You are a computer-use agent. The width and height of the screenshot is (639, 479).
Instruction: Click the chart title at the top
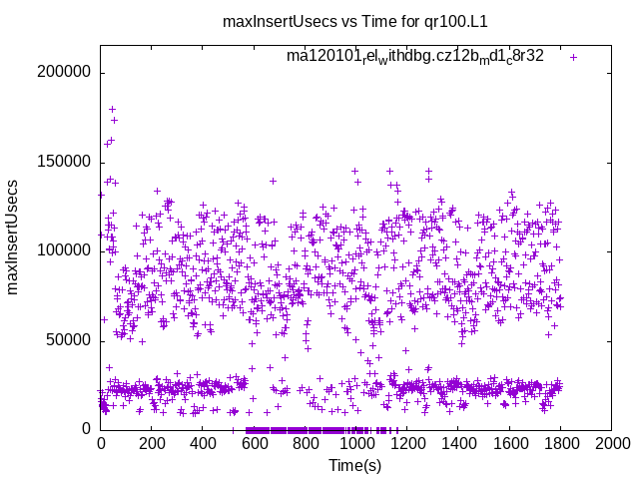353,23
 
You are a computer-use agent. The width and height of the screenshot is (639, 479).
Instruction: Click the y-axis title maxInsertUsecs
13,237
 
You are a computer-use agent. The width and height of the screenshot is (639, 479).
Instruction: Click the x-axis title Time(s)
354,465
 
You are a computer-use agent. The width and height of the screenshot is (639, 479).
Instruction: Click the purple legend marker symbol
573,57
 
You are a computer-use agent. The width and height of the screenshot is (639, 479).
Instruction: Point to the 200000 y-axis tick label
64,73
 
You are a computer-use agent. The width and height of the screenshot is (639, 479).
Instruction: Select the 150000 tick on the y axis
64,162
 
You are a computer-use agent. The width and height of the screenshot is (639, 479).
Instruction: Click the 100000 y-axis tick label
64,250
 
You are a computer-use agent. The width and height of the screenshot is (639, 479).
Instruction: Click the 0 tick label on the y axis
87,429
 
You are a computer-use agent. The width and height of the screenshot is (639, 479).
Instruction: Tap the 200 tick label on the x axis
151,445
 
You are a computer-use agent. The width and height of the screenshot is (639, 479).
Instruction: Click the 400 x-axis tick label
203,445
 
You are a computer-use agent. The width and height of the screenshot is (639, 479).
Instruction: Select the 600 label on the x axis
254,445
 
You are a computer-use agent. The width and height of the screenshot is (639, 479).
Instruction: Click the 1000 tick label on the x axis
355,445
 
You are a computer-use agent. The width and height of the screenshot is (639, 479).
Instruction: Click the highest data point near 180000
112,109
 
